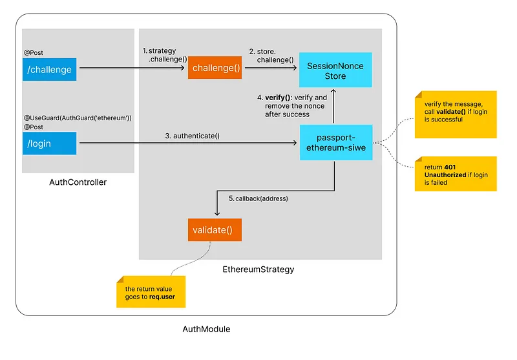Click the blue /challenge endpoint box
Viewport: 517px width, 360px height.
coord(50,70)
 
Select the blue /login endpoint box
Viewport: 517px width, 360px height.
coord(50,143)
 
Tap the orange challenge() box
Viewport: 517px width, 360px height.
coord(215,68)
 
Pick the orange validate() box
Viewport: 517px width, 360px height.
coord(215,230)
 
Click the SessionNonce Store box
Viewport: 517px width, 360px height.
coord(335,70)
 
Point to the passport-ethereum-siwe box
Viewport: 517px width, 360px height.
coord(336,142)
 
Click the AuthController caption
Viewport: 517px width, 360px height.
coord(78,182)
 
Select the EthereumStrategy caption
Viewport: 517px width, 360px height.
coord(258,270)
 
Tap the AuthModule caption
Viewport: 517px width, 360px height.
coord(206,329)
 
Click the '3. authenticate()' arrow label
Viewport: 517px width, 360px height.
coord(192,136)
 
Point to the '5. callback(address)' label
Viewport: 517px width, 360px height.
coord(258,198)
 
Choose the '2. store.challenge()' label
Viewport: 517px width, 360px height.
coord(271,56)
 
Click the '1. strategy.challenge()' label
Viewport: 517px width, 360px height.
coord(165,55)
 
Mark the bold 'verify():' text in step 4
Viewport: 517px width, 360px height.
coord(279,98)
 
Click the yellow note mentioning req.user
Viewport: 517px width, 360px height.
coord(151,291)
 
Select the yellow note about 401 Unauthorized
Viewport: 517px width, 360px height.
coord(456,174)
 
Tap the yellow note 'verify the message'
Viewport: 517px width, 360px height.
coord(456,114)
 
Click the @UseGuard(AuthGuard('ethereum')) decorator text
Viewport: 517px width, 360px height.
coord(78,118)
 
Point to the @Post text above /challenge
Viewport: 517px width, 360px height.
coord(34,53)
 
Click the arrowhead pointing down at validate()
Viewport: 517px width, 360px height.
coord(217,214)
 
